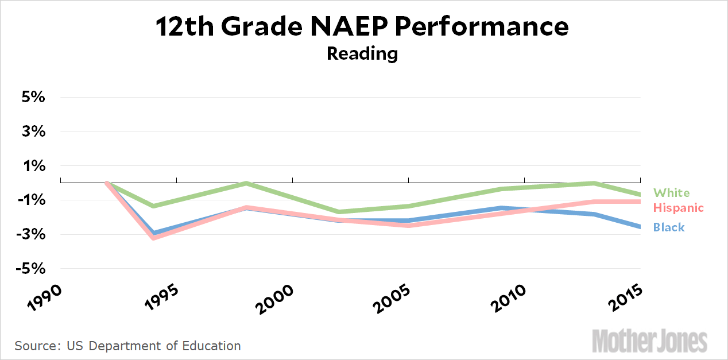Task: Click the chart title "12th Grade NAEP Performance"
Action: tap(362, 27)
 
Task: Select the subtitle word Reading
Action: tap(362, 53)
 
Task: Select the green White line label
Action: tap(672, 193)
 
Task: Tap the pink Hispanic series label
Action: tap(678, 208)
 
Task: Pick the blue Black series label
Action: tap(669, 227)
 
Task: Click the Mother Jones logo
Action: tap(649, 341)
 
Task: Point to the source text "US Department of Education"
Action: tap(154, 346)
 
